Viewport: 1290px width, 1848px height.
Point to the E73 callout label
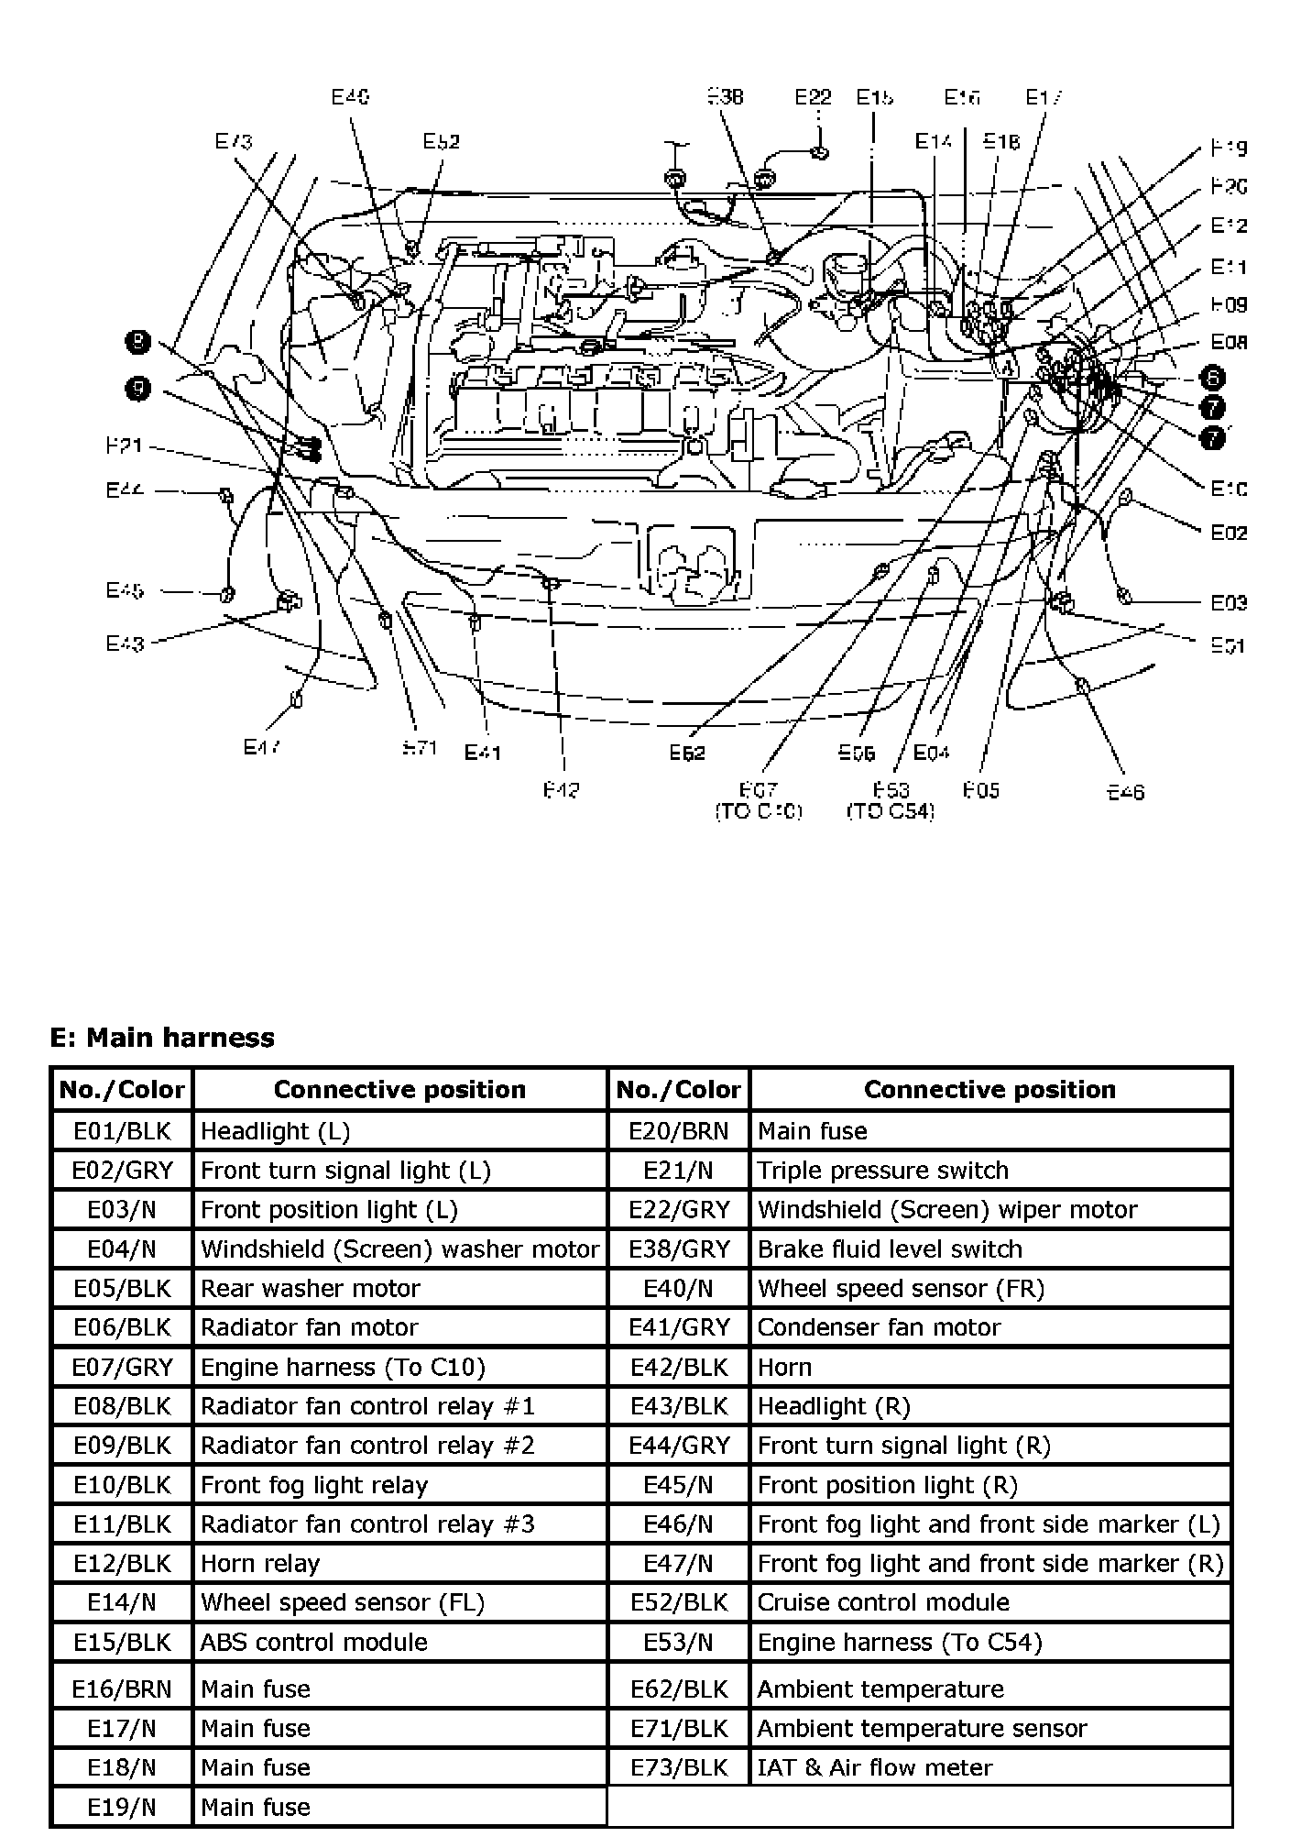(x=234, y=141)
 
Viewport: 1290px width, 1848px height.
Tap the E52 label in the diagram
(x=441, y=141)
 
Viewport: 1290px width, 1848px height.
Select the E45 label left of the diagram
(x=125, y=590)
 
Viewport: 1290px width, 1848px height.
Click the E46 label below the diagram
(x=1125, y=791)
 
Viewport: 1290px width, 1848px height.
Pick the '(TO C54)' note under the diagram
(x=890, y=811)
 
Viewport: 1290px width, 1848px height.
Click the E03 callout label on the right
(x=1229, y=602)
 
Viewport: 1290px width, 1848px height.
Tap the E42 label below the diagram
(x=561, y=789)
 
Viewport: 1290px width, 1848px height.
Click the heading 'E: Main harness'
(x=162, y=1038)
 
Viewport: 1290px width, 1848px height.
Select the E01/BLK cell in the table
(x=122, y=1131)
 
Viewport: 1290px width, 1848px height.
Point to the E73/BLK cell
(x=679, y=1767)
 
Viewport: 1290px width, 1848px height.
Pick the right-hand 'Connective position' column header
(x=989, y=1089)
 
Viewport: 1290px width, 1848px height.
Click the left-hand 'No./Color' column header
(x=122, y=1089)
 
